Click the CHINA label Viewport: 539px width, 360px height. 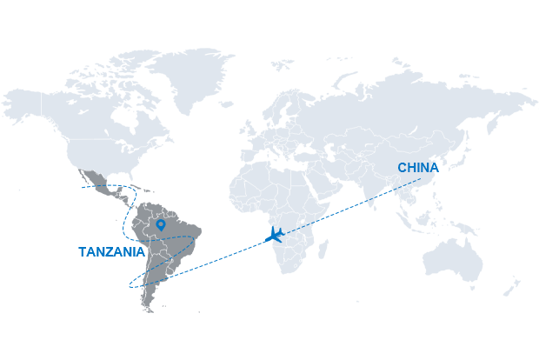417,167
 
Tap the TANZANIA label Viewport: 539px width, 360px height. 111,252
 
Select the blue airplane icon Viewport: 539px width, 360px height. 276,233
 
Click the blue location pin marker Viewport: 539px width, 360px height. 161,225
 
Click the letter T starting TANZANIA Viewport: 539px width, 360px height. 83,252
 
